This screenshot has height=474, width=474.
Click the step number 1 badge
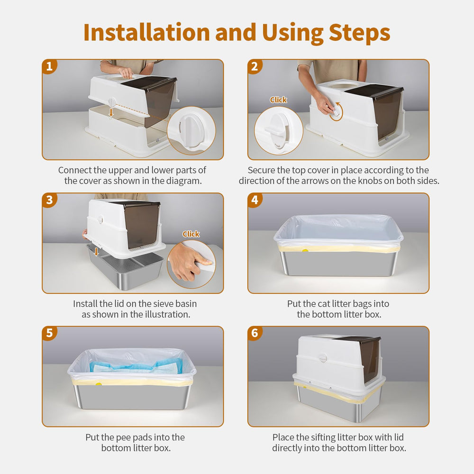(49, 66)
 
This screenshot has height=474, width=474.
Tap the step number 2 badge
(255, 66)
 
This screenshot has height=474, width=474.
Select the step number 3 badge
(49, 200)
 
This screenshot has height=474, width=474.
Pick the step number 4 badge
(255, 200)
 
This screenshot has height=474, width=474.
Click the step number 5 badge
(49, 333)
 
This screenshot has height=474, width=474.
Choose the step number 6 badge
(255, 333)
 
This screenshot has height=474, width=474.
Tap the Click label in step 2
(278, 100)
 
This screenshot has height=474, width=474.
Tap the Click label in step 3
(191, 234)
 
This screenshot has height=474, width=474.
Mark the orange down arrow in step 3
(96, 251)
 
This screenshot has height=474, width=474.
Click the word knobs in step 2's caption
(367, 181)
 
